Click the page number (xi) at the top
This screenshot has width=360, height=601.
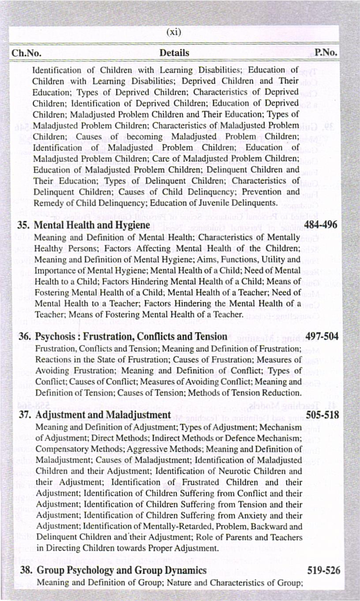coord(174,32)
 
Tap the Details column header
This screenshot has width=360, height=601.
coord(174,53)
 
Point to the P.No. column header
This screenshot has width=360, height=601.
coord(326,53)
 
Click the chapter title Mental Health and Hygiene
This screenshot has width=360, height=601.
coord(92,225)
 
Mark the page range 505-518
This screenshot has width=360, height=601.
coord(323,415)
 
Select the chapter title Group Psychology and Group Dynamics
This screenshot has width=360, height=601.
coord(122,571)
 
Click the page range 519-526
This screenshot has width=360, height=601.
coord(324,571)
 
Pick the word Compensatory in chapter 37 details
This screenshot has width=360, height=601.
coord(60,449)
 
